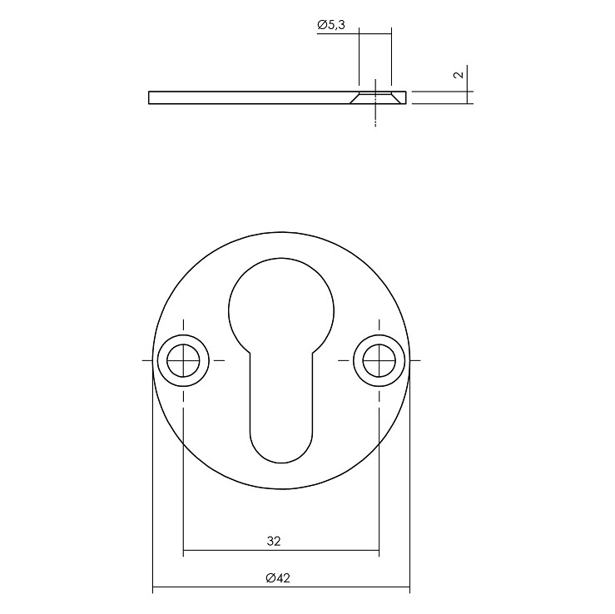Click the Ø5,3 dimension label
(331, 27)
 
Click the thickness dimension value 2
(457, 76)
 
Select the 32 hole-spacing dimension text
(274, 541)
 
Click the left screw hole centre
(183, 360)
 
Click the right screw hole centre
(379, 360)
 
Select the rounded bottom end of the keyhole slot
(281, 449)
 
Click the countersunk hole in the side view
(376, 97)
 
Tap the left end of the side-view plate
(150, 97)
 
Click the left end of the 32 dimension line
(183, 551)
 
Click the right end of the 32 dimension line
(379, 551)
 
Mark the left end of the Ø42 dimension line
(153, 588)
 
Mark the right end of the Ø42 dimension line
(409, 588)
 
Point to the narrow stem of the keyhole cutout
(281, 391)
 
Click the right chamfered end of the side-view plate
(405, 97)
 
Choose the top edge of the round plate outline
(281, 232)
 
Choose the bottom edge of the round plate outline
(281, 488)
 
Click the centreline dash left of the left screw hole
(147, 360)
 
